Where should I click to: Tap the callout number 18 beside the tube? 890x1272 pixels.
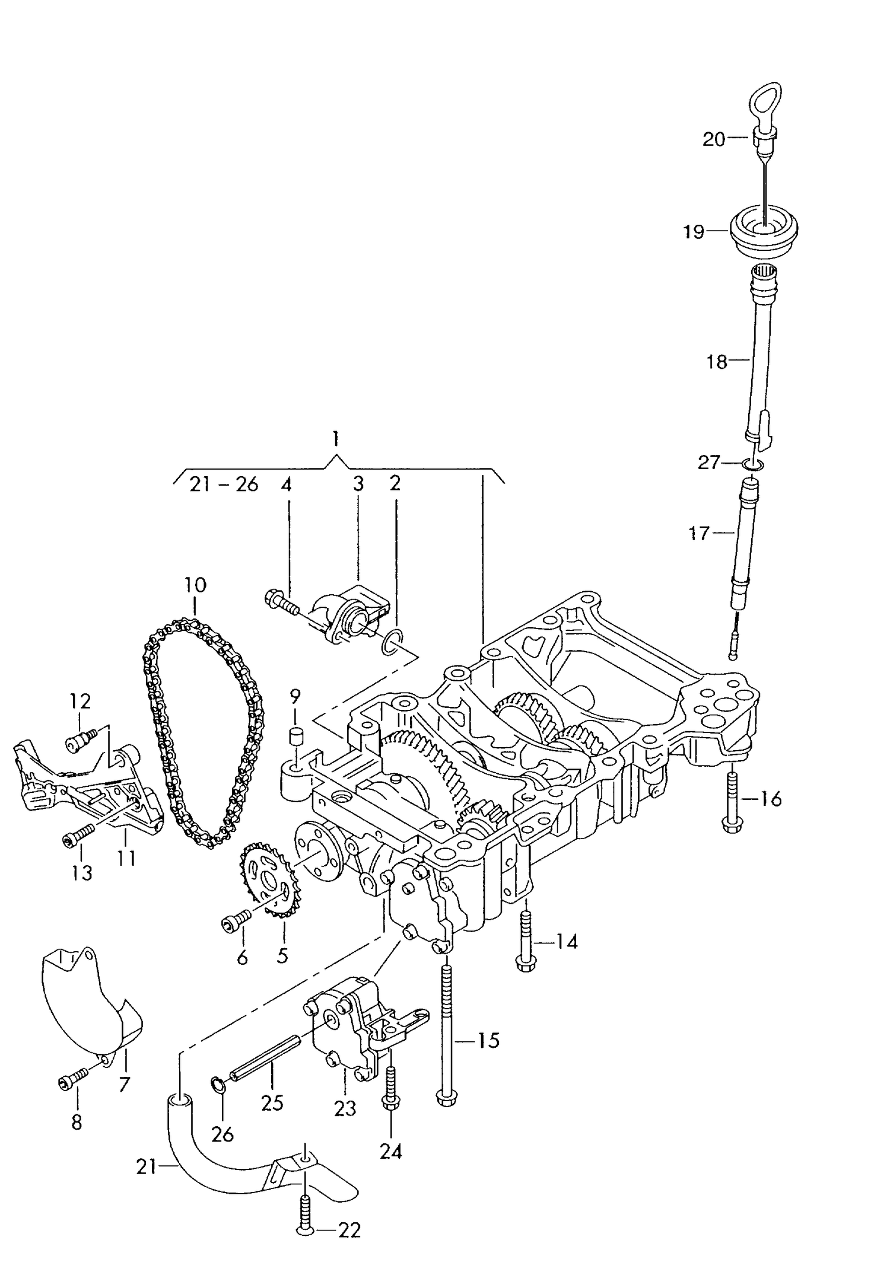(717, 361)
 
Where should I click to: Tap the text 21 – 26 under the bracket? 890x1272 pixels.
(224, 484)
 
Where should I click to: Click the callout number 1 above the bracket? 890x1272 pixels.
(336, 439)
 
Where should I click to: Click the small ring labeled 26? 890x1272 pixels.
(218, 1085)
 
